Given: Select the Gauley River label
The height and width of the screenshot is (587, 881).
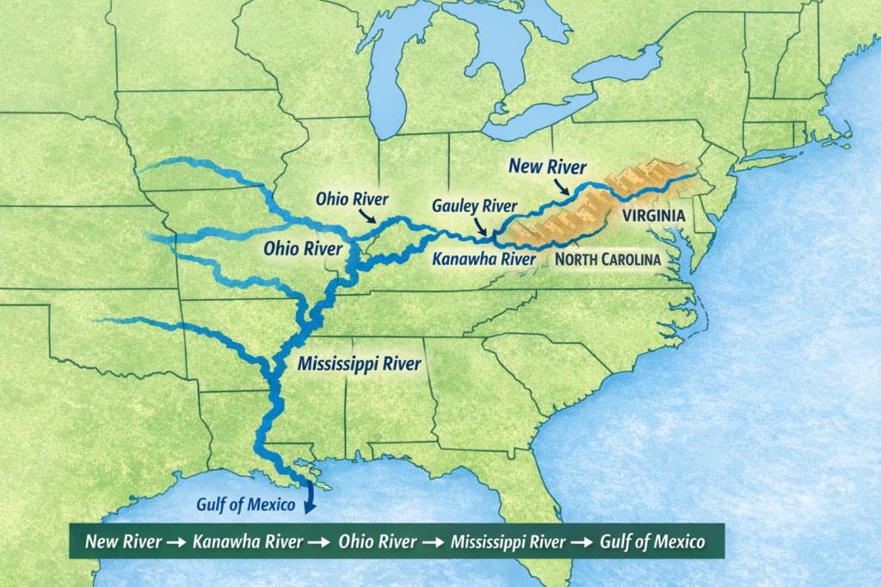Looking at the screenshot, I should pos(474,206).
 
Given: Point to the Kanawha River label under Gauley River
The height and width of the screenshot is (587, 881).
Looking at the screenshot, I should pos(479,257).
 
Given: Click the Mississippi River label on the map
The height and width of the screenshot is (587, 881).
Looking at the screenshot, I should pos(359,364).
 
